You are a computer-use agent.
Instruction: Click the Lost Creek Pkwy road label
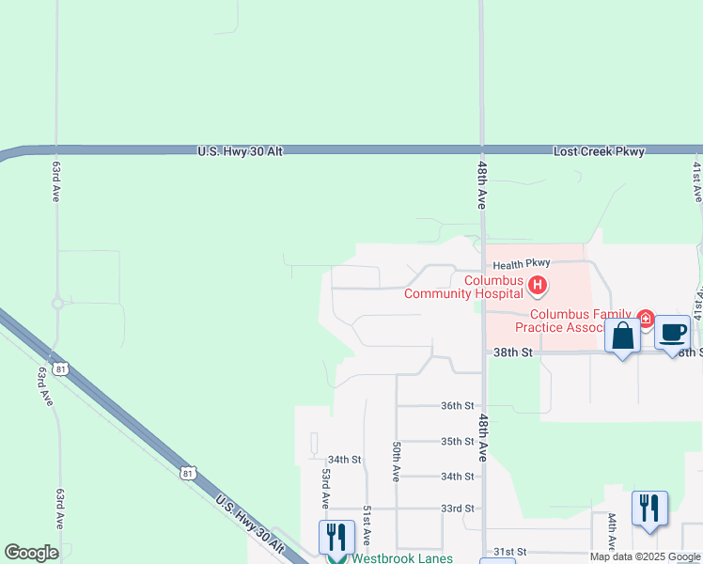(599, 150)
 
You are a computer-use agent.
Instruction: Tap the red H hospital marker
(538, 284)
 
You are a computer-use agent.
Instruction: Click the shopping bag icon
(623, 336)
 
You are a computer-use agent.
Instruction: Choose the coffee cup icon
(672, 333)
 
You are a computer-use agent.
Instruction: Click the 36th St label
(458, 405)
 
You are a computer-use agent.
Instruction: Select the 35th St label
(458, 441)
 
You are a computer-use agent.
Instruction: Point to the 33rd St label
(458, 509)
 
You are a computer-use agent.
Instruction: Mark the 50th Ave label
(398, 462)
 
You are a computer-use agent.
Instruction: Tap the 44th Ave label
(611, 531)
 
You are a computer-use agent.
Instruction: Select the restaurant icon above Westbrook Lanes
(336, 536)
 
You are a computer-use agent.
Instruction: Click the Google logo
(31, 553)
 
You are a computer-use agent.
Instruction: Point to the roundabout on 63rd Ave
(57, 303)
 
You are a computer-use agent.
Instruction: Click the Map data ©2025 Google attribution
(645, 556)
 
